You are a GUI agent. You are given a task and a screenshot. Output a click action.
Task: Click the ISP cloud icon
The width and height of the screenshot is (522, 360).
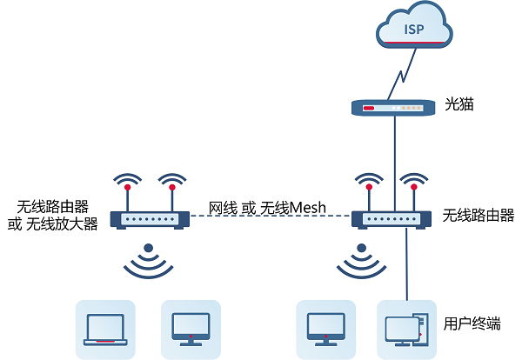pos(416,30)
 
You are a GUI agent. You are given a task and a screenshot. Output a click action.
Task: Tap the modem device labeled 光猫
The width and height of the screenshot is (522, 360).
pos(393,109)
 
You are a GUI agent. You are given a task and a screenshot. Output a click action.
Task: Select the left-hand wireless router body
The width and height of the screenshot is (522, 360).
pos(150,219)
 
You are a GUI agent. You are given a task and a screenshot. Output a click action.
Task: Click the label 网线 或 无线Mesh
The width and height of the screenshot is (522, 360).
pos(267,207)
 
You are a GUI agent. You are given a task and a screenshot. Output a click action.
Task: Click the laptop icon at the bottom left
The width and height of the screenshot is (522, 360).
pos(105,329)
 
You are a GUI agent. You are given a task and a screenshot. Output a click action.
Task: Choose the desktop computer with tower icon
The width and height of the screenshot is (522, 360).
pos(405,329)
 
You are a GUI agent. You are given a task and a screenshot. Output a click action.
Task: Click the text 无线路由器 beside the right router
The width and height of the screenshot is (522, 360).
pos(478,215)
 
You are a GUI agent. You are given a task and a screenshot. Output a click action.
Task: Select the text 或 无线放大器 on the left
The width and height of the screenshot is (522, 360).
pos(52,224)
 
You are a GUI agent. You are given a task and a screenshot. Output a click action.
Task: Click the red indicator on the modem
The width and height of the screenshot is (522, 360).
pos(369,109)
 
